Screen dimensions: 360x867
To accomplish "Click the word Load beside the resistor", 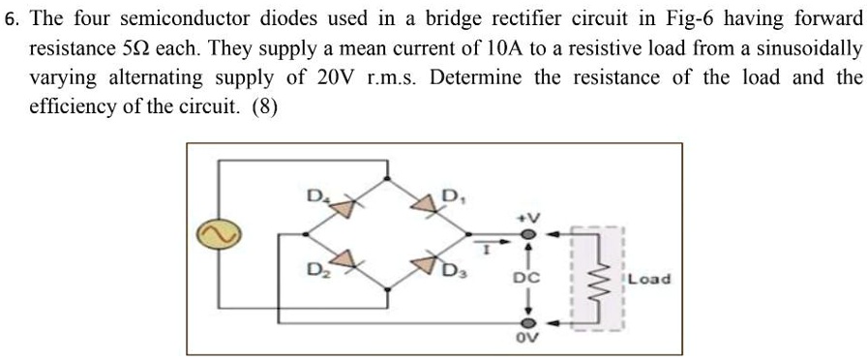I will (647, 279).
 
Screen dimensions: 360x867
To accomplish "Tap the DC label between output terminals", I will (527, 278).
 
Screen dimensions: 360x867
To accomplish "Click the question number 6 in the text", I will (10, 21).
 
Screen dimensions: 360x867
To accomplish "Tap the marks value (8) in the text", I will (266, 107).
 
